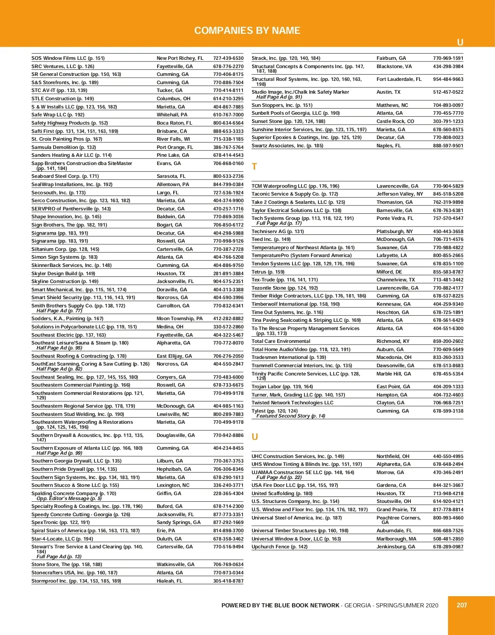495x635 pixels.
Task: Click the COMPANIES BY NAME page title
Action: coord(247,31)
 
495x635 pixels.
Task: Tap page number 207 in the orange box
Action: coord(462,605)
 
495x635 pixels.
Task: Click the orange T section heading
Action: coord(255,167)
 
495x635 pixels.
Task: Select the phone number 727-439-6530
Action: coord(228,58)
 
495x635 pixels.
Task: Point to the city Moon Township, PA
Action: coord(179,319)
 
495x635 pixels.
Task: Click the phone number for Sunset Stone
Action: coord(448,121)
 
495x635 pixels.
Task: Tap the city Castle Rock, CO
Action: coord(395,121)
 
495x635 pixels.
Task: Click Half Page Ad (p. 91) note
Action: coord(279,97)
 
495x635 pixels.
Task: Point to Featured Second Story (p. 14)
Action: coord(291,416)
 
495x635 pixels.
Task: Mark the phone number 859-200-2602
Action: coord(448,341)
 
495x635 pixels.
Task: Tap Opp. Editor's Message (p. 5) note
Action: coord(69,498)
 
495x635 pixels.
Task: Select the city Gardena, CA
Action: coord(391,485)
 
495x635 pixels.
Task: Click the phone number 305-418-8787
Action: coord(228,581)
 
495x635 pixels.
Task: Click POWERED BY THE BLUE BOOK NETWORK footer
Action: coord(280,605)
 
